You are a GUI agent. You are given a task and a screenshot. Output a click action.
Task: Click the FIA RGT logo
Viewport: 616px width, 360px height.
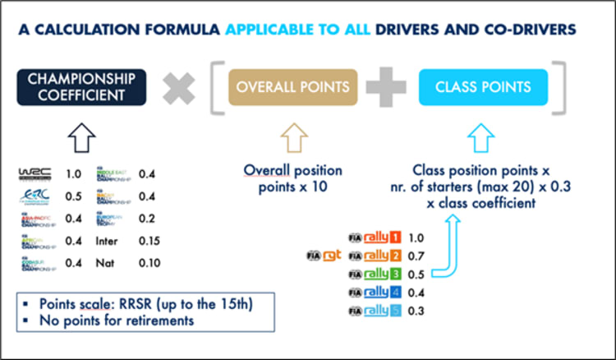click(322, 256)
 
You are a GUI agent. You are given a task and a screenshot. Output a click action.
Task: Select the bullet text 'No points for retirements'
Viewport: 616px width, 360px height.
click(114, 320)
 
